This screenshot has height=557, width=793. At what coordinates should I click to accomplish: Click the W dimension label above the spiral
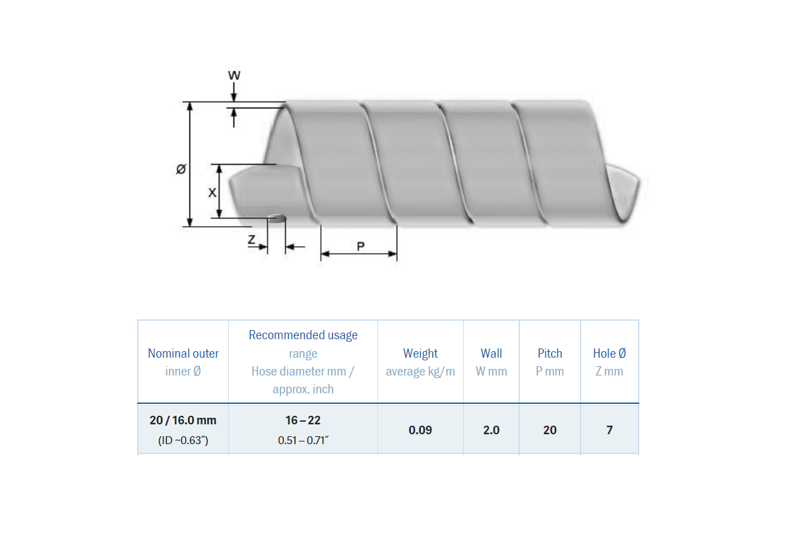click(x=234, y=75)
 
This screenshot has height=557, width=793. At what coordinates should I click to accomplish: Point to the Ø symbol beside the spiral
click(x=181, y=170)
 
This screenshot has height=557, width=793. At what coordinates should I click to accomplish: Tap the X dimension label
click(x=212, y=193)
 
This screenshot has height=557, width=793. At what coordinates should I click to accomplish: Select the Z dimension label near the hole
click(x=251, y=240)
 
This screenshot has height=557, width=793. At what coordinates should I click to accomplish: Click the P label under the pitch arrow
click(x=360, y=246)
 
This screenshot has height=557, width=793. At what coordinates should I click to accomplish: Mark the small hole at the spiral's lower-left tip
click(x=278, y=218)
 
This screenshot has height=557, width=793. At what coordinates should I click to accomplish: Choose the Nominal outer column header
click(x=183, y=353)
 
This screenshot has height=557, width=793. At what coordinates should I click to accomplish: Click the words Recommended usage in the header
click(x=303, y=335)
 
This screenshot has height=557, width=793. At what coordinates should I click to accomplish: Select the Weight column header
click(x=420, y=353)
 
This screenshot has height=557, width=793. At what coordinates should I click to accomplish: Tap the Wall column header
click(x=492, y=353)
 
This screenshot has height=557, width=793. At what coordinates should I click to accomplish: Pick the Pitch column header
click(x=550, y=353)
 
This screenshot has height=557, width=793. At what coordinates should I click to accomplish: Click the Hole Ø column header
click(x=609, y=353)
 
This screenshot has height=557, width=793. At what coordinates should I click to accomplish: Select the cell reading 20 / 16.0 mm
click(x=183, y=420)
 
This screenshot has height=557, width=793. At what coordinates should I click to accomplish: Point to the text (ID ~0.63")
click(x=183, y=440)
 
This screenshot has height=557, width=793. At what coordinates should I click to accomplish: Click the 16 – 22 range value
click(x=303, y=420)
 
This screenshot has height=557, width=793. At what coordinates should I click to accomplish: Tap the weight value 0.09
click(x=420, y=430)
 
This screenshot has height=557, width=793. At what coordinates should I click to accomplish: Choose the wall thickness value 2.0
click(x=492, y=430)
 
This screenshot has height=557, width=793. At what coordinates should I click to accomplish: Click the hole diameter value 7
click(x=609, y=430)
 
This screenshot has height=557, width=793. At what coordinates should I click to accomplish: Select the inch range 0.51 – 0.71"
click(x=303, y=440)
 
